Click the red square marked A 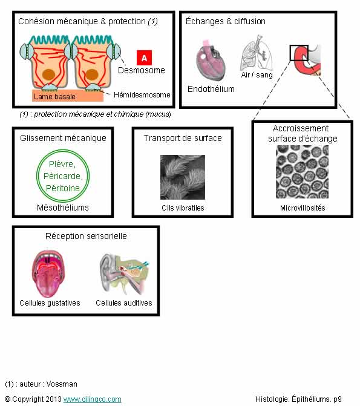pyautogui.click(x=144, y=57)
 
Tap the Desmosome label pyautogui.click(x=142, y=70)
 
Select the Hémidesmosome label pyautogui.click(x=142, y=95)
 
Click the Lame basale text pyautogui.click(x=54, y=97)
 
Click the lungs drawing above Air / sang pyautogui.click(x=257, y=53)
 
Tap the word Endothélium pyautogui.click(x=211, y=89)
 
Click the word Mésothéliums pyautogui.click(x=63, y=208)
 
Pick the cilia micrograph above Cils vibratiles pyautogui.click(x=183, y=177)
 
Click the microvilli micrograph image pyautogui.click(x=303, y=172)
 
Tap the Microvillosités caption pyautogui.click(x=303, y=208)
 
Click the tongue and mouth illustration pyautogui.click(x=48, y=273)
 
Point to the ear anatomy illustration pyautogui.click(x=125, y=274)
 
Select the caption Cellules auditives pyautogui.click(x=124, y=303)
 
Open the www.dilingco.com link pyautogui.click(x=92, y=399)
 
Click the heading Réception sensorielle pyautogui.click(x=86, y=236)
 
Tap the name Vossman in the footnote pyautogui.click(x=62, y=384)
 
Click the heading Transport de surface pyautogui.click(x=183, y=138)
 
